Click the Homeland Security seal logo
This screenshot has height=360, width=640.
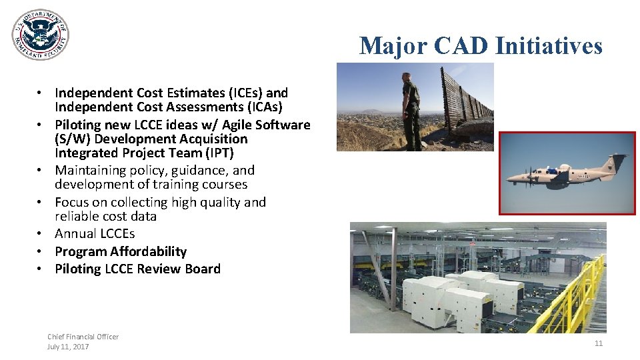coord(40,35)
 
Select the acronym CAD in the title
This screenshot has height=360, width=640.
coord(461,46)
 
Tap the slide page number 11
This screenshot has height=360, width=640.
coord(598,343)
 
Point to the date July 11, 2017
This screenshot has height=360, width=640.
coord(68,347)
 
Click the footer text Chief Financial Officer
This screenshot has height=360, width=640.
coord(83,337)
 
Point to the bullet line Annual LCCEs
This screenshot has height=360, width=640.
coord(95,233)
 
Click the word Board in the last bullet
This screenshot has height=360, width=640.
coord(203,269)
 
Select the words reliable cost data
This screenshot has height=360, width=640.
coord(105,216)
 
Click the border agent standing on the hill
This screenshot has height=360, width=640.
coord(411,110)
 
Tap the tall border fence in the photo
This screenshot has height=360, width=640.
coord(467,100)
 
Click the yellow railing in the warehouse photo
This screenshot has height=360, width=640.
coord(573,293)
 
